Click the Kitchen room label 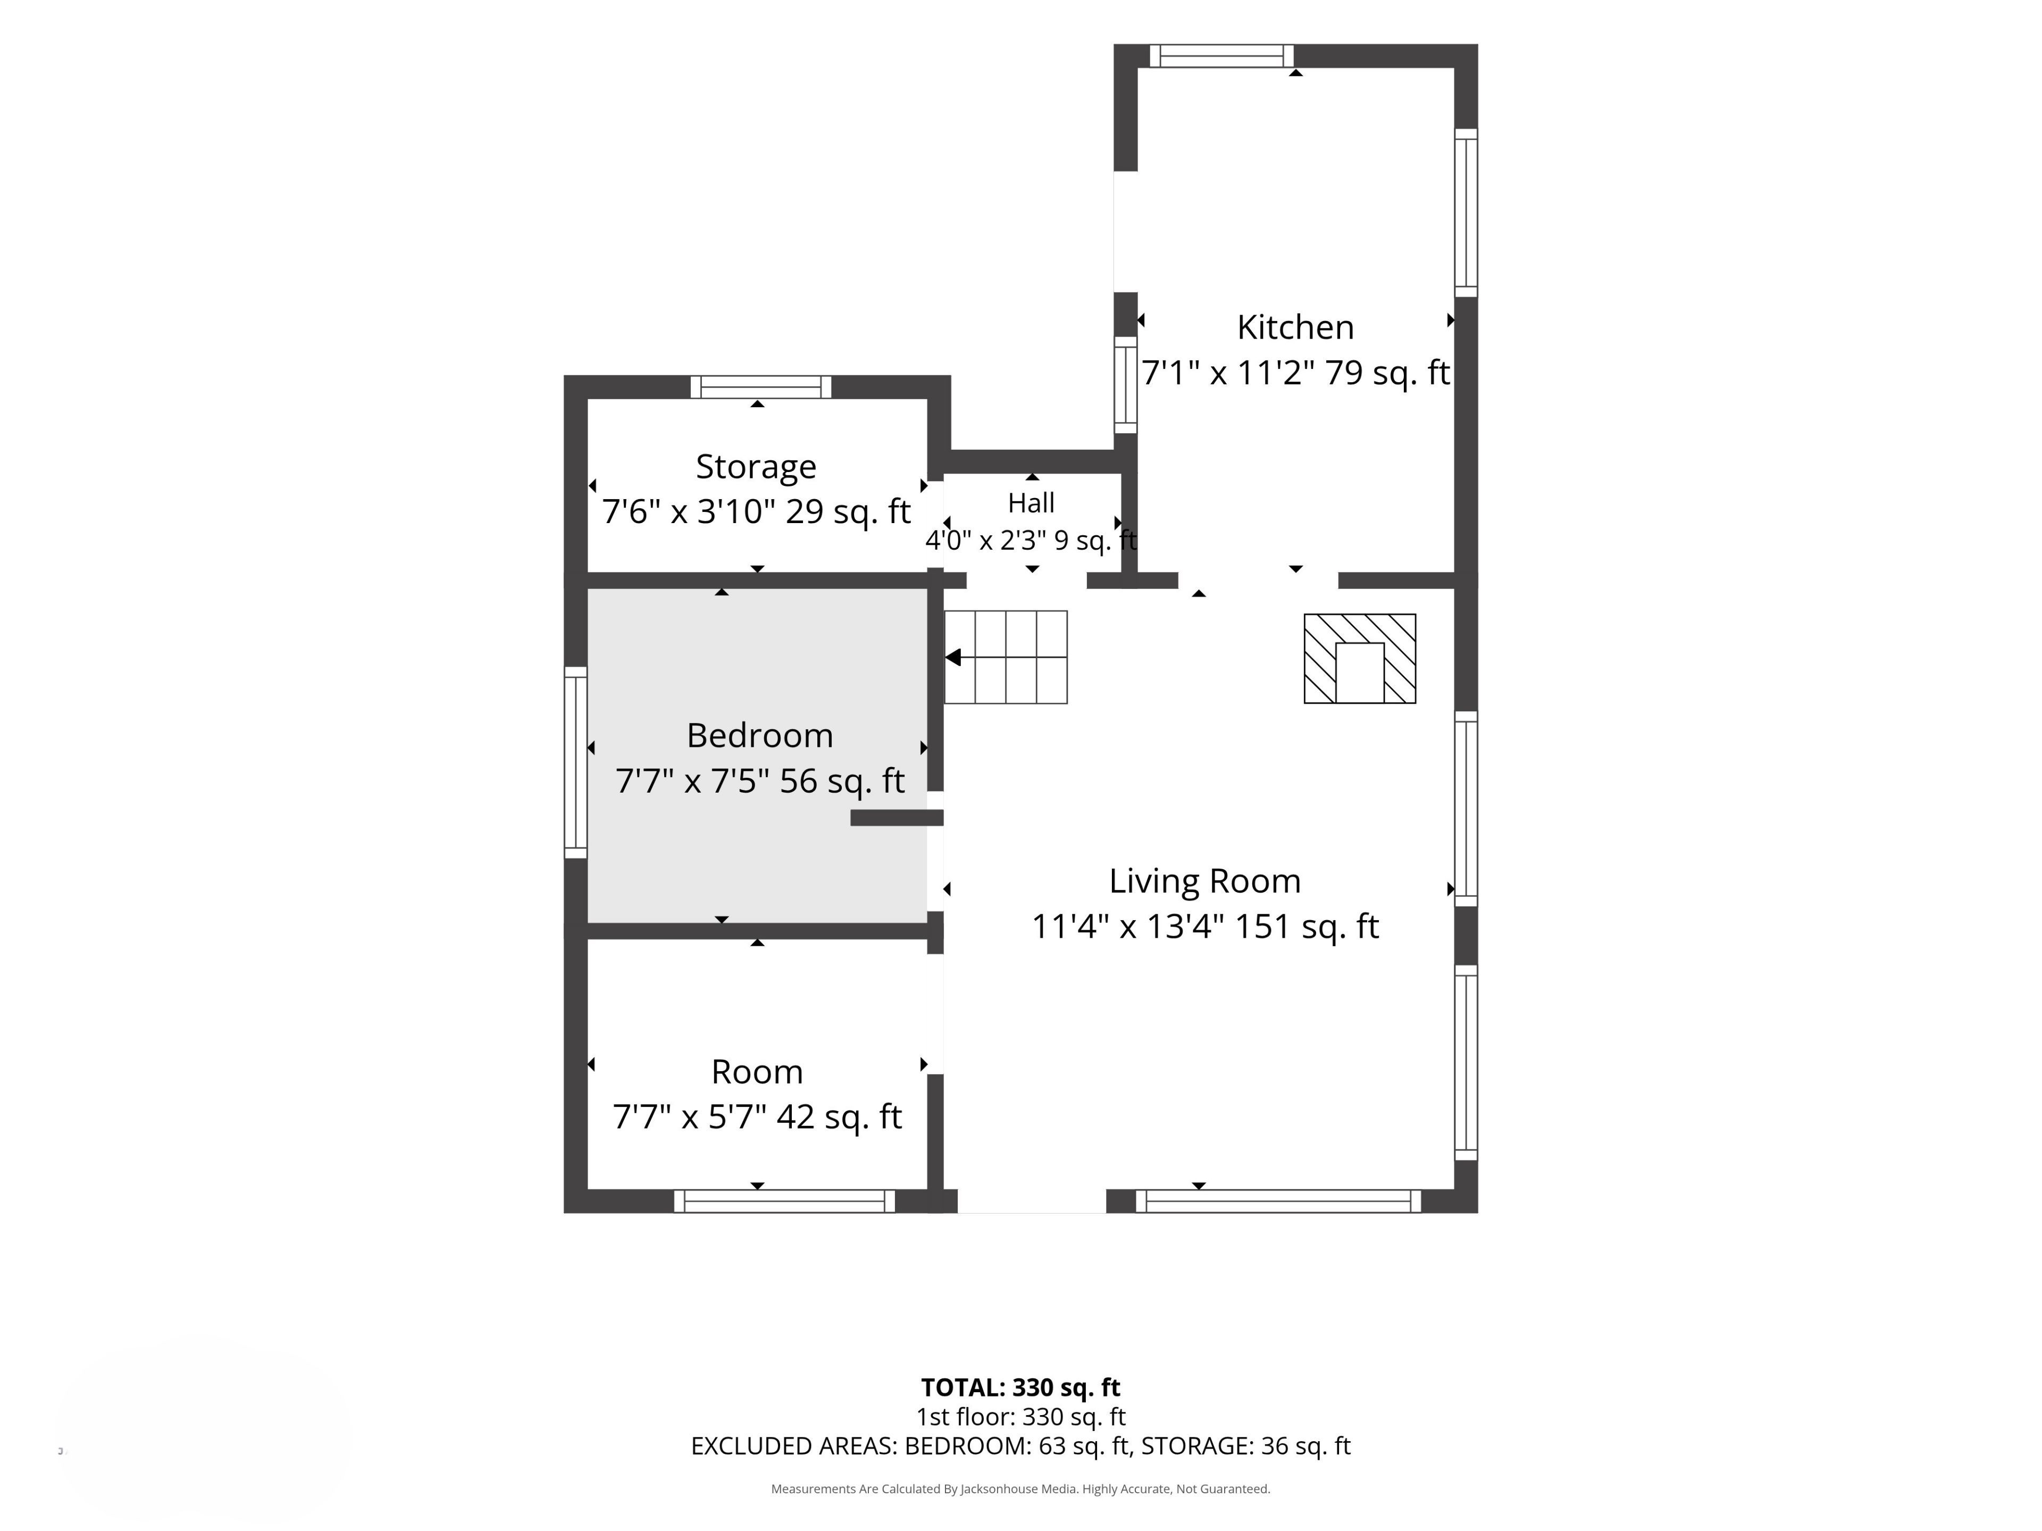[1295, 327]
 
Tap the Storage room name [756, 467]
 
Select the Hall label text [1031, 503]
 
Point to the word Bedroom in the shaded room [760, 736]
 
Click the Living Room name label [1204, 881]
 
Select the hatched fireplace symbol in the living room [1360, 659]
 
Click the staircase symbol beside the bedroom [1005, 657]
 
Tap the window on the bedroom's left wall [575, 762]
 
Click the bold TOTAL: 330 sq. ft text [1020, 1388]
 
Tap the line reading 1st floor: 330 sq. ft [1020, 1417]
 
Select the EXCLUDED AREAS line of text [1020, 1446]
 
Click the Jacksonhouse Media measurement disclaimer [1020, 1488]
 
